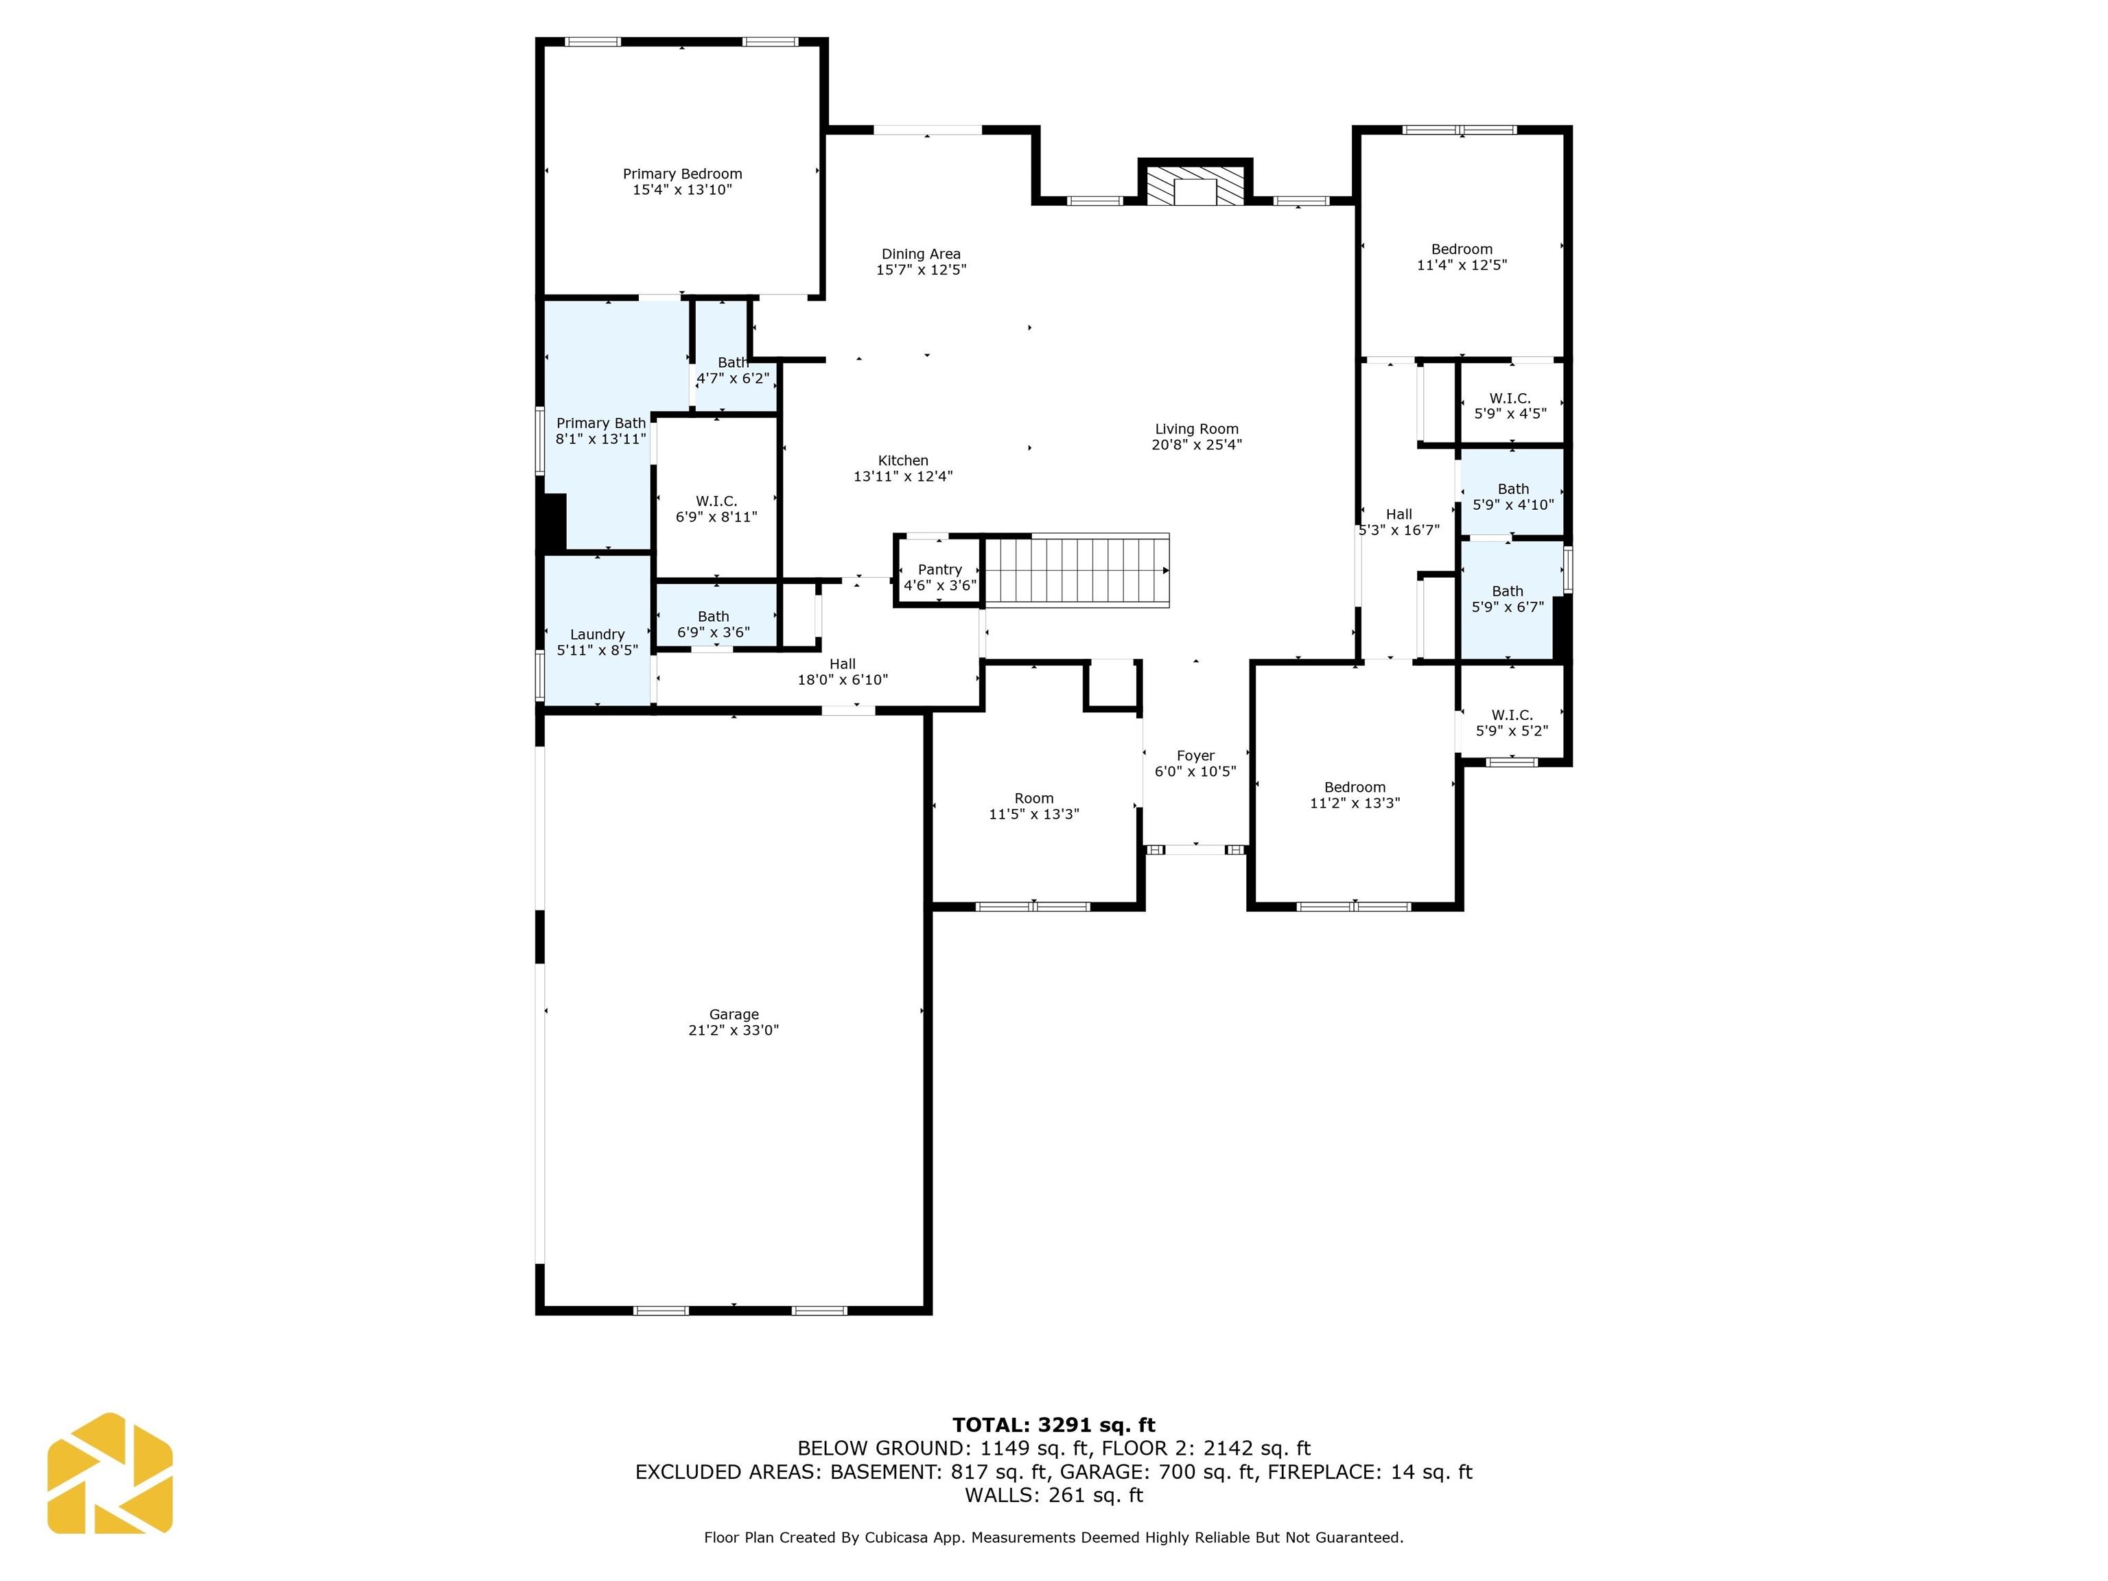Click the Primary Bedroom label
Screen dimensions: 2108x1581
(682, 174)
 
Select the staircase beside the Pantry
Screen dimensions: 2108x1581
(1077, 570)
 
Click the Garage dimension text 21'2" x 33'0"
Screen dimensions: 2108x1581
(734, 1030)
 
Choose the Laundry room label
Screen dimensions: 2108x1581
(598, 635)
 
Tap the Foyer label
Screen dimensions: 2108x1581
(1195, 756)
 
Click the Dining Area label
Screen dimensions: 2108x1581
(921, 253)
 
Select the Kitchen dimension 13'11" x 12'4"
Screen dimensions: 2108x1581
(904, 476)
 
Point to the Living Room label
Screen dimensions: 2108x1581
(1197, 429)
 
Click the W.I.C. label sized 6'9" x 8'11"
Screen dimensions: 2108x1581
(716, 502)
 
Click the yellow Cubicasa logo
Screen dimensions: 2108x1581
(110, 1473)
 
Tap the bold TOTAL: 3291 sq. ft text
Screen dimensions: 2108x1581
(1054, 1425)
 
